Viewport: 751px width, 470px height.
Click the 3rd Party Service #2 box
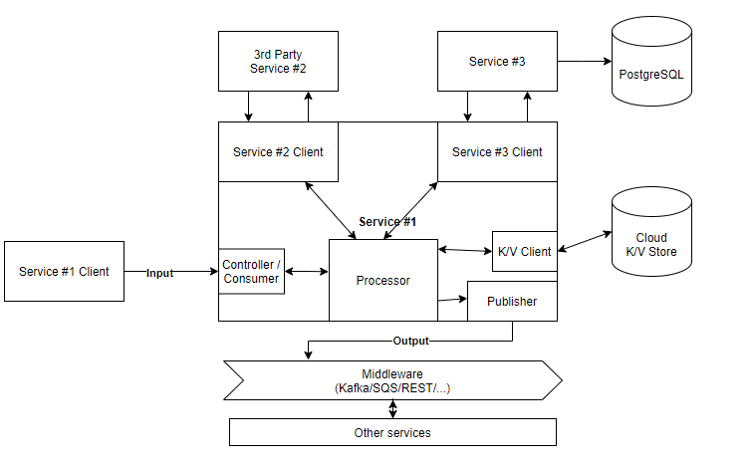point(278,62)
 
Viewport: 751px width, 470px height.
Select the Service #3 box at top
point(497,62)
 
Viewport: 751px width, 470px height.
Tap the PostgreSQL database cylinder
point(651,62)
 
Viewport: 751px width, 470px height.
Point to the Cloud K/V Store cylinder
point(651,232)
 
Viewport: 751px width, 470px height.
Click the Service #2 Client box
point(278,151)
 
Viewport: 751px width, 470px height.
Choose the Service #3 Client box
point(497,151)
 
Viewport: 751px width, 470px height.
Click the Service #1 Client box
point(64,272)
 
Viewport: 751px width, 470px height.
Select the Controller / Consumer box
point(251,272)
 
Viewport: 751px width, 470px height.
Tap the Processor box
point(383,280)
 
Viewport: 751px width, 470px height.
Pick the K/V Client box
point(525,251)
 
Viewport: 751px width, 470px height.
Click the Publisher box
point(512,301)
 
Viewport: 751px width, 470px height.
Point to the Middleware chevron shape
point(392,380)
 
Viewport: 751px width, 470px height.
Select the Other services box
point(392,433)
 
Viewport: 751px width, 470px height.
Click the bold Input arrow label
point(159,273)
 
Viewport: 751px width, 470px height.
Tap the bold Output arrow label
point(410,341)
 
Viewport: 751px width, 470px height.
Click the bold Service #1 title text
point(387,222)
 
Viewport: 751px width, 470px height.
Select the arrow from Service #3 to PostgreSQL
point(585,62)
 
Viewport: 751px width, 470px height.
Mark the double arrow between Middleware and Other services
point(392,409)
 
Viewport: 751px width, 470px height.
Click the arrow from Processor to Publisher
point(452,300)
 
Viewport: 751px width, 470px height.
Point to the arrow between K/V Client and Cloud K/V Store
point(585,241)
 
